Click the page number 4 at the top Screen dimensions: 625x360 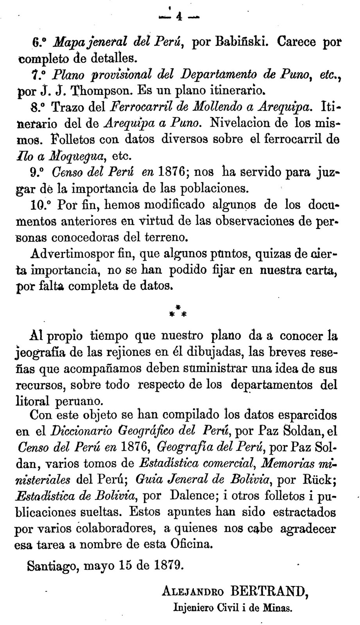coord(179,17)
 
